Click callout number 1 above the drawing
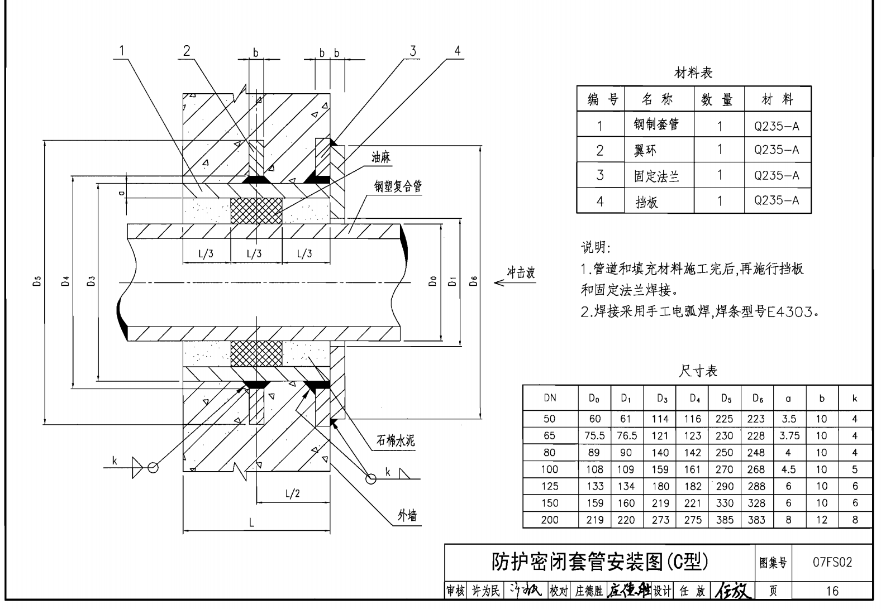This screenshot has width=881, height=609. pyautogui.click(x=121, y=51)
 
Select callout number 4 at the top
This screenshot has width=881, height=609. pyautogui.click(x=458, y=51)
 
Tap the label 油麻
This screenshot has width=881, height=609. pyautogui.click(x=381, y=158)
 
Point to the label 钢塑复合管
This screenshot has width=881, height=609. pyautogui.click(x=398, y=186)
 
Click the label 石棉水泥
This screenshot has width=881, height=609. pyautogui.click(x=396, y=441)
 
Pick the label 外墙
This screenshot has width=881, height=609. pyautogui.click(x=407, y=516)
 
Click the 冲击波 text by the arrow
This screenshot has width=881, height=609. pyautogui.click(x=521, y=272)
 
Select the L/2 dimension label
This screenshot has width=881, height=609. pyautogui.click(x=292, y=493)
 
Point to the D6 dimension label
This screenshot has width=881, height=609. pyautogui.click(x=474, y=281)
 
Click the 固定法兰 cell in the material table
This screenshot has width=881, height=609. pyautogui.click(x=656, y=176)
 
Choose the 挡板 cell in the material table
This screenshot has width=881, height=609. pyautogui.click(x=647, y=202)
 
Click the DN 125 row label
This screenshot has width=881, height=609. pyautogui.click(x=550, y=486)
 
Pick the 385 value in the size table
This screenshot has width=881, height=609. pyautogui.click(x=725, y=520)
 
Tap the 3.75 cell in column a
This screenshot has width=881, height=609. pyautogui.click(x=789, y=436)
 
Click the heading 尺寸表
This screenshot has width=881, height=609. pyautogui.click(x=698, y=371)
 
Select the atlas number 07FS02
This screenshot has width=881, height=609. pyautogui.click(x=832, y=562)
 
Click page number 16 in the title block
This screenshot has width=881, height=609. pyautogui.click(x=832, y=591)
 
